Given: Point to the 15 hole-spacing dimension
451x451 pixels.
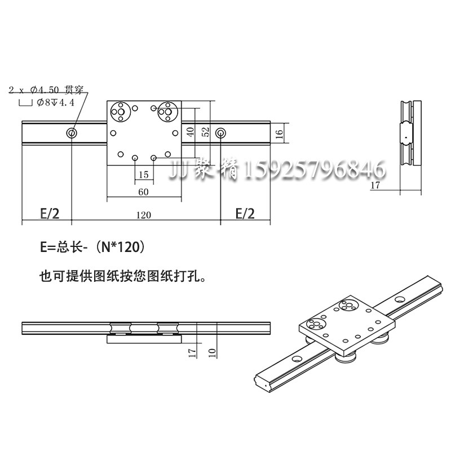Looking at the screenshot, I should [x=143, y=174].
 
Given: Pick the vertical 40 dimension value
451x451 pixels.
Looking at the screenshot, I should [x=191, y=131].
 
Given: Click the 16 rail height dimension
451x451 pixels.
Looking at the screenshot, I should [x=279, y=133].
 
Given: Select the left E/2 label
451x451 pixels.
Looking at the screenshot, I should [x=50, y=214].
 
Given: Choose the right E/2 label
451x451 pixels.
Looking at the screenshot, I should [x=245, y=214].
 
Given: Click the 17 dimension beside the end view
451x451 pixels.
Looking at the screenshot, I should [x=377, y=184].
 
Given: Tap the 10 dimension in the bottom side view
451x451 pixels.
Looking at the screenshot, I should [x=211, y=353].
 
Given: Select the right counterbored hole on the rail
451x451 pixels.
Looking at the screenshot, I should [x=220, y=133].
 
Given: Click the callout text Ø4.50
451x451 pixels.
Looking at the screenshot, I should [x=44, y=90].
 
